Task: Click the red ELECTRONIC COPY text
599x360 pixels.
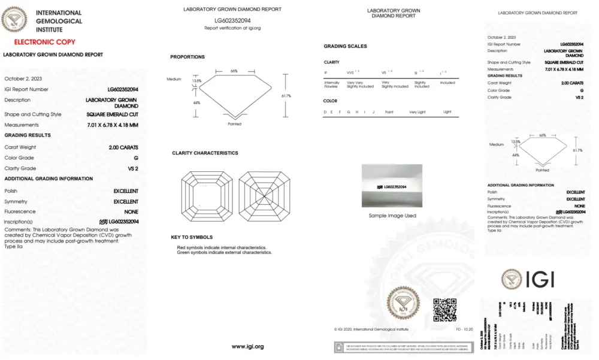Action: click(45, 42)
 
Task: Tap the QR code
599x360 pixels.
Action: click(445, 310)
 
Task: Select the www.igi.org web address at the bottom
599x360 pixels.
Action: click(247, 346)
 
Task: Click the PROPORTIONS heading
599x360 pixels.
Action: click(187, 57)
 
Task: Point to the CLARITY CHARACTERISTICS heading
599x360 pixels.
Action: click(205, 153)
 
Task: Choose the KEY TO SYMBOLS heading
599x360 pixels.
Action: click(192, 237)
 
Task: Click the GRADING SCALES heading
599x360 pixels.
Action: click(345, 46)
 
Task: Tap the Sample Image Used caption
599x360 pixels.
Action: click(392, 216)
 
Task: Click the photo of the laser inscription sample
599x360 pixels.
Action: click(392, 186)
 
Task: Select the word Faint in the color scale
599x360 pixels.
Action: click(389, 112)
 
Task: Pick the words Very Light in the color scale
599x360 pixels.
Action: click(417, 112)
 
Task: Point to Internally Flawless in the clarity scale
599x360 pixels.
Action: click(331, 84)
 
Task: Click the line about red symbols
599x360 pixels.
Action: click(222, 247)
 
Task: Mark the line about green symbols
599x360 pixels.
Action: click(224, 253)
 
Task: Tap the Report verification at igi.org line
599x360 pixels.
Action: click(232, 28)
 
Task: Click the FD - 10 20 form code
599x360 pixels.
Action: click(464, 329)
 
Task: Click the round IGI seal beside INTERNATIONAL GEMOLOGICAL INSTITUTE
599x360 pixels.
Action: click(14, 19)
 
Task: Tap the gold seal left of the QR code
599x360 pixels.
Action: click(403, 304)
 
